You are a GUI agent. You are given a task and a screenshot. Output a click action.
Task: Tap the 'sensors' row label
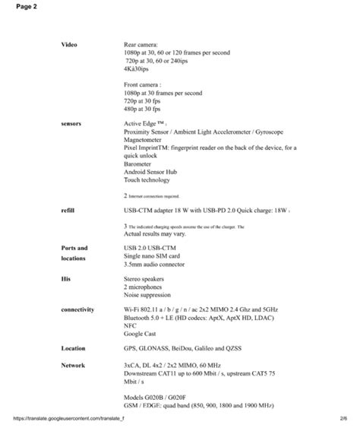71,122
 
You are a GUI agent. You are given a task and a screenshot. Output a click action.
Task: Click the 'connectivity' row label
78,309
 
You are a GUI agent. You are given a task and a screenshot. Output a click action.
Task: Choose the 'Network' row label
74,366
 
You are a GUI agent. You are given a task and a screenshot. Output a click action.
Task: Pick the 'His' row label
65,279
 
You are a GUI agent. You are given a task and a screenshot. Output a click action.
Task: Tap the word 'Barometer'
141,162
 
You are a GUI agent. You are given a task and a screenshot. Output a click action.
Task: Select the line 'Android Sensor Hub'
153,172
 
